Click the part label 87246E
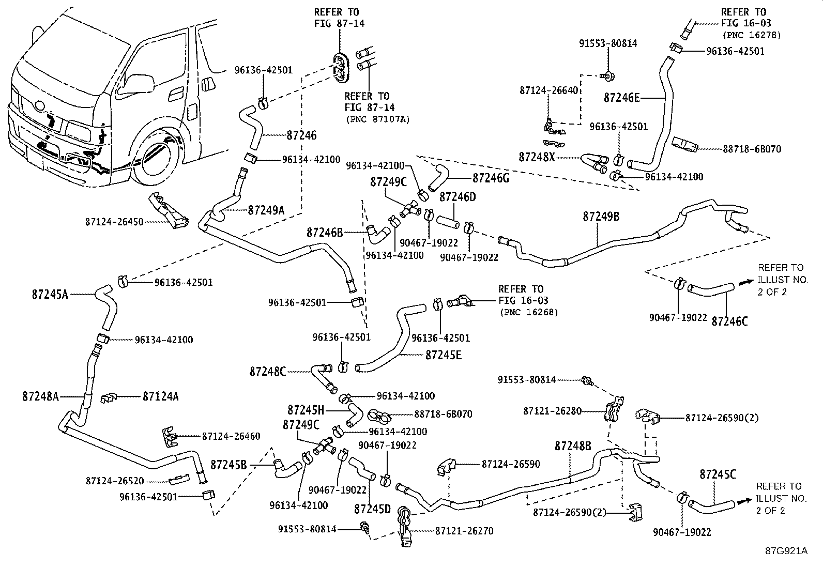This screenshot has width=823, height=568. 622,98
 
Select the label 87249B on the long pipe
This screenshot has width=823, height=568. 601,217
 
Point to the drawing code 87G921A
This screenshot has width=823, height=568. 786,550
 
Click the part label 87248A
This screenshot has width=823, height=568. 40,396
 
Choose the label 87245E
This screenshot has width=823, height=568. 444,355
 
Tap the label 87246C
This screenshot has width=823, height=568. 729,321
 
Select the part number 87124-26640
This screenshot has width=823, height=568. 548,90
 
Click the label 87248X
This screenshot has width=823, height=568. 537,156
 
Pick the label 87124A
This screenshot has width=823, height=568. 161,396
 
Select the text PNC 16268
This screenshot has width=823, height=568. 529,312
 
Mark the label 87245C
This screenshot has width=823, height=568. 718,474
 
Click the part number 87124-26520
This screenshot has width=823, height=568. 115,481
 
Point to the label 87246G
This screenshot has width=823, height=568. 491,178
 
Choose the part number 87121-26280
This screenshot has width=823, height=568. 552,411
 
